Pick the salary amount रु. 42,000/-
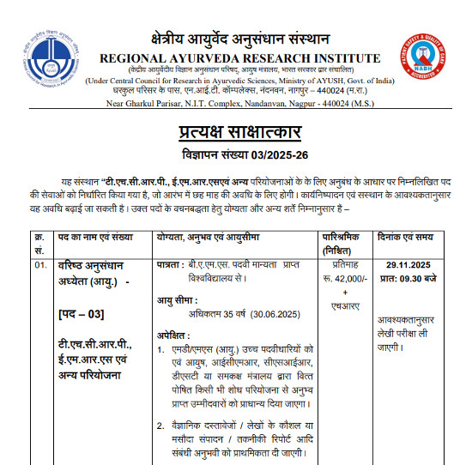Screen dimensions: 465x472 (344, 280)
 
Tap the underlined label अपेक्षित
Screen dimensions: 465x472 (175, 335)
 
